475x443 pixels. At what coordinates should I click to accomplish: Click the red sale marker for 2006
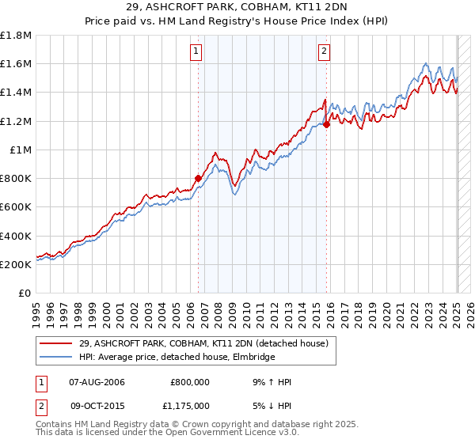pyautogui.click(x=198, y=178)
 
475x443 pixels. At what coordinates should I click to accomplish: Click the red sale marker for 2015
pyautogui.click(x=326, y=124)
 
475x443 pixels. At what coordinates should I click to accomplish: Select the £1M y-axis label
pyautogui.click(x=22, y=150)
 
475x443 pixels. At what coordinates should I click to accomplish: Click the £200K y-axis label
pyautogui.click(x=16, y=264)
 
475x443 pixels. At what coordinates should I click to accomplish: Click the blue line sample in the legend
pyautogui.click(x=56, y=358)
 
